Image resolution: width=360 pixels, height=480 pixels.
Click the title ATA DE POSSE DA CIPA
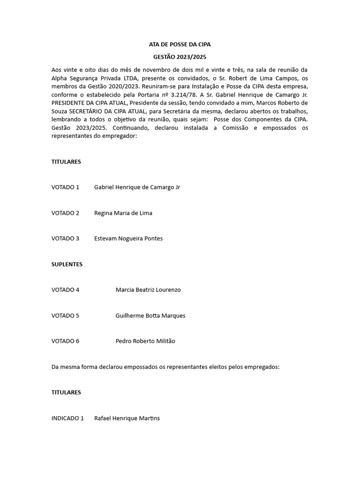pyautogui.click(x=180, y=45)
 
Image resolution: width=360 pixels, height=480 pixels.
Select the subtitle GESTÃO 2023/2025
pyautogui.click(x=180, y=57)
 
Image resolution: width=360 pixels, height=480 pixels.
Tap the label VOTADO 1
pyautogui.click(x=65, y=187)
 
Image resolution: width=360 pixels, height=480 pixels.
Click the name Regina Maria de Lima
pyautogui.click(x=123, y=213)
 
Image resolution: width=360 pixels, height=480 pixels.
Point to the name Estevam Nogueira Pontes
pyautogui.click(x=128, y=239)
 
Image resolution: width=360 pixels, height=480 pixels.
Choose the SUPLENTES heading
pyautogui.click(x=67, y=264)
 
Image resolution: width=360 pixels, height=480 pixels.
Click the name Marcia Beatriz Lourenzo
pyautogui.click(x=148, y=290)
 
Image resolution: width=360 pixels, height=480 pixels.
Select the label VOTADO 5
pyautogui.click(x=65, y=315)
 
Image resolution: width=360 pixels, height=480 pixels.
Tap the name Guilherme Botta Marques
pyautogui.click(x=150, y=315)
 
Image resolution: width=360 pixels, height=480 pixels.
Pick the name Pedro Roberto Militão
pyautogui.click(x=145, y=341)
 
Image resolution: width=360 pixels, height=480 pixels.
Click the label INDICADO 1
pyautogui.click(x=67, y=418)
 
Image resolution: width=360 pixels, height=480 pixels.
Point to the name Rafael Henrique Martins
pyautogui.click(x=127, y=418)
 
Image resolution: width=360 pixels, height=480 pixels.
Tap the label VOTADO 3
pyautogui.click(x=65, y=239)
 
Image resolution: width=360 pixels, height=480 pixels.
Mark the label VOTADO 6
pyautogui.click(x=65, y=341)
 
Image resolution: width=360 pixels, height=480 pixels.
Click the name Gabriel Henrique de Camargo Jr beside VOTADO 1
pyautogui.click(x=137, y=187)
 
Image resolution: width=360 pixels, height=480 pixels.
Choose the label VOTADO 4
pyautogui.click(x=65, y=290)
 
